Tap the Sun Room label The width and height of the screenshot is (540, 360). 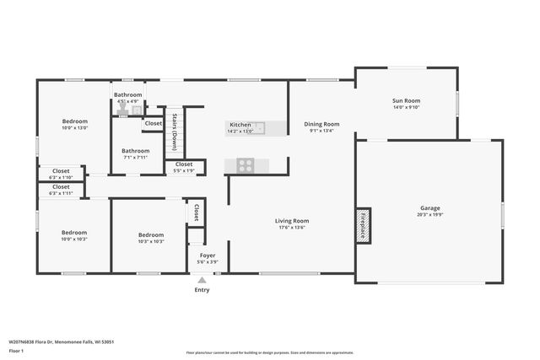(x=406, y=104)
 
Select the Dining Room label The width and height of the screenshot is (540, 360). (x=321, y=127)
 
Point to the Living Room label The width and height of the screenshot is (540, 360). (x=292, y=224)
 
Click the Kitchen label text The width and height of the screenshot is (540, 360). (x=240, y=128)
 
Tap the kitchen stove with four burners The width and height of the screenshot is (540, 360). (x=246, y=165)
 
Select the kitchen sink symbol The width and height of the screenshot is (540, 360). (x=260, y=128)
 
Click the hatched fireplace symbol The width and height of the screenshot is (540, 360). (x=363, y=226)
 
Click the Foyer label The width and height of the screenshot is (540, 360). (x=208, y=258)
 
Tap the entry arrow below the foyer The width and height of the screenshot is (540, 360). (x=202, y=281)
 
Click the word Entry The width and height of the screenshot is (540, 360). (x=202, y=290)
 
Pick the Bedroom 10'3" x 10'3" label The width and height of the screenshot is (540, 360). (x=151, y=238)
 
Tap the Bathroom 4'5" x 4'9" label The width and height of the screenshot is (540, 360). (x=128, y=98)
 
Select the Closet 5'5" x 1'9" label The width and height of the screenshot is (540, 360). (x=184, y=167)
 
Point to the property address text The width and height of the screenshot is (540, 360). (x=61, y=341)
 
